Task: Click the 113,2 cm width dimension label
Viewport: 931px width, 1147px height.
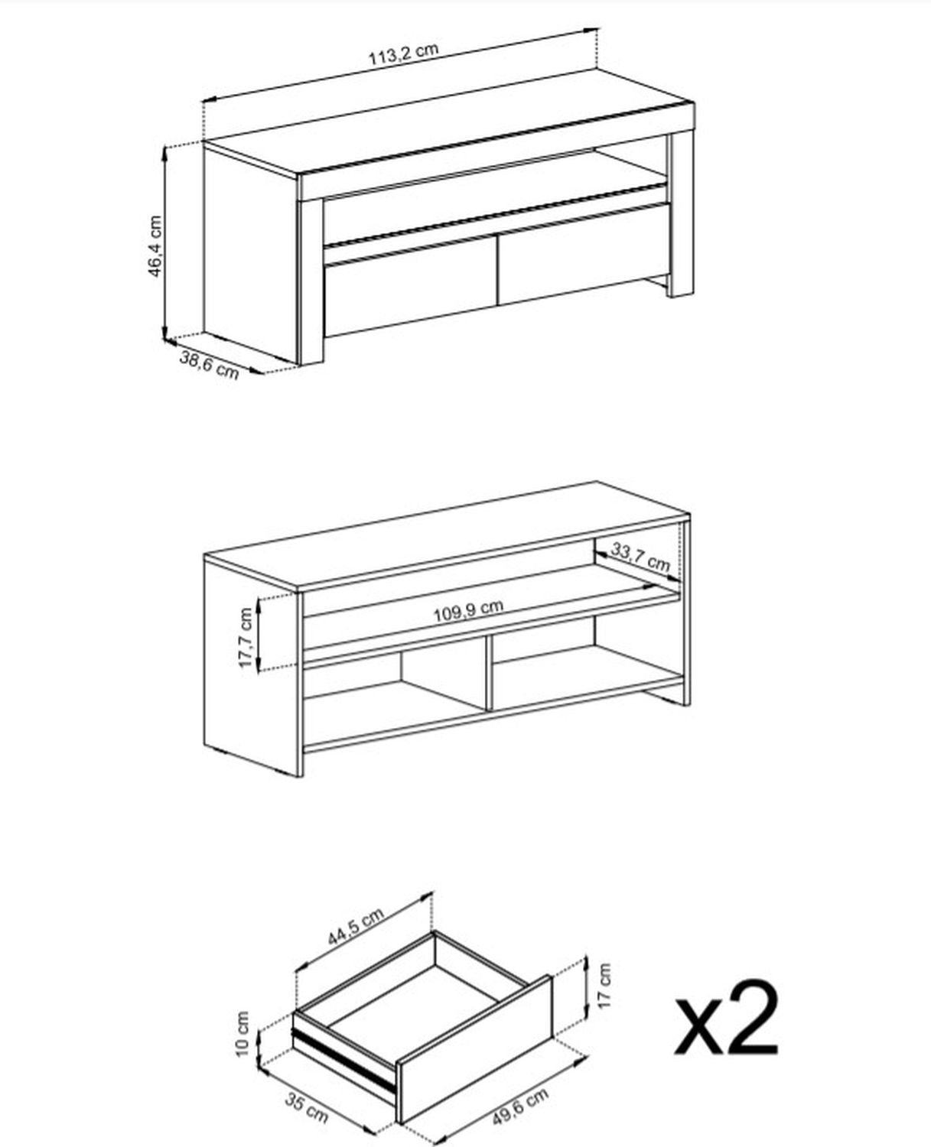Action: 403,55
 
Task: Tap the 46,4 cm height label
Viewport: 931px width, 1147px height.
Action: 155,245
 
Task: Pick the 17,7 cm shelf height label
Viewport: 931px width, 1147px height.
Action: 246,637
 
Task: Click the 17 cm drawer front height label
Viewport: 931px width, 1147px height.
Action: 605,985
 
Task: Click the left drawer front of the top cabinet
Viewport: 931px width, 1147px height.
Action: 411,287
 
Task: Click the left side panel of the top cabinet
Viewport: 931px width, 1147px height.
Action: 249,252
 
